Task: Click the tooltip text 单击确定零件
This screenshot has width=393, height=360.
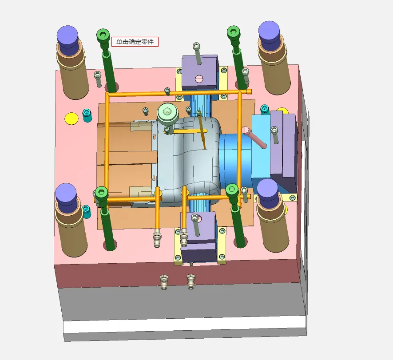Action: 135,42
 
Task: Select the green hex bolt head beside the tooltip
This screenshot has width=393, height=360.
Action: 103,34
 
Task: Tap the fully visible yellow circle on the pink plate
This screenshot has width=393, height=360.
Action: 71,119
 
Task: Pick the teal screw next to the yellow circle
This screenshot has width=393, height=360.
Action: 87,115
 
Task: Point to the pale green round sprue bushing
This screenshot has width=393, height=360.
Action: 167,113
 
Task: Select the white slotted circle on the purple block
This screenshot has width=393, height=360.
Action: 199,79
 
